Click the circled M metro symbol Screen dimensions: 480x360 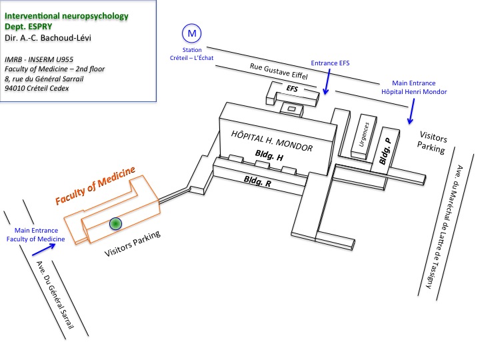pos(191,33)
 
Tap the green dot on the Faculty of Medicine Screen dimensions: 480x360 pos(115,223)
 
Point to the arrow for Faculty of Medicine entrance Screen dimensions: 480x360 pos(44,249)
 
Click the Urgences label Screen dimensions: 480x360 pos(364,135)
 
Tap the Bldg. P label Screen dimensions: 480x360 pos(385,151)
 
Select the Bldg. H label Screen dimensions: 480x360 pos(269,155)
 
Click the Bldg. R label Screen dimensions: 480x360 pos(257,181)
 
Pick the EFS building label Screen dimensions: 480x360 pos(292,89)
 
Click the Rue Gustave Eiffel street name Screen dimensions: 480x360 pos(279,71)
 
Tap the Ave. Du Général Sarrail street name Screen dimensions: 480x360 pos(55,295)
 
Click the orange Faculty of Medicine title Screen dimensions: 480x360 pos(95,185)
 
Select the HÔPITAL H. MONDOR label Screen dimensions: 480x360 pos(272,141)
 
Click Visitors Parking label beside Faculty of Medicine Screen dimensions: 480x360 pos(132,243)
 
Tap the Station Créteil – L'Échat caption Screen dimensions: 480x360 pos(191,54)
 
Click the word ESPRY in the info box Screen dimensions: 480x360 pos(41,27)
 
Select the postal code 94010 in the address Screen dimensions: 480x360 pos(14,88)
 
